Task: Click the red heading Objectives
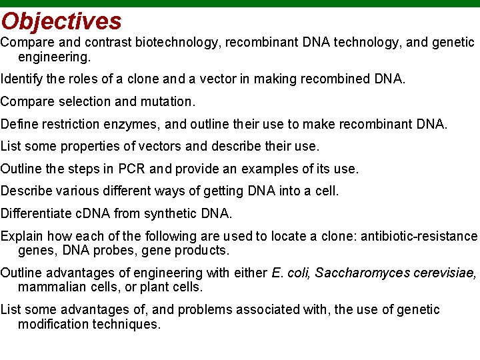coord(61,21)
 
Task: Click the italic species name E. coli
coord(291,273)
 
